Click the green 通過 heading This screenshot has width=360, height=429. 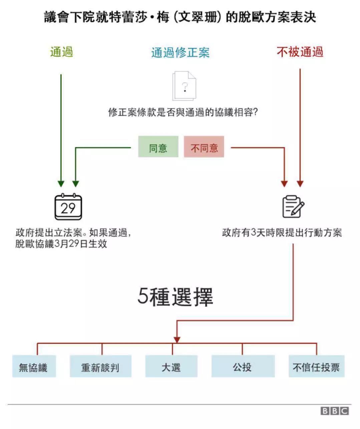click(x=61, y=52)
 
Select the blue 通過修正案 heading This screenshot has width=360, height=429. click(x=180, y=53)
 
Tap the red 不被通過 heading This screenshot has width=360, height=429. click(x=300, y=52)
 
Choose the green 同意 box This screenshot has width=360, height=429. click(x=158, y=147)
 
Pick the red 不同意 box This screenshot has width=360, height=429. click(x=204, y=147)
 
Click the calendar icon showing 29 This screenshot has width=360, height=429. click(x=68, y=207)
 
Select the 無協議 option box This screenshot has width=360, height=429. click(x=34, y=367)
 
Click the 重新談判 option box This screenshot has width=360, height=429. click(x=100, y=367)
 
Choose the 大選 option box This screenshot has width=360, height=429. click(x=171, y=367)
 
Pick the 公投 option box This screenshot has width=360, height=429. click(x=243, y=367)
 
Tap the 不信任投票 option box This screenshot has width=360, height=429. click(x=316, y=367)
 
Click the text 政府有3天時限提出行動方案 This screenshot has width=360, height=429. click(x=282, y=232)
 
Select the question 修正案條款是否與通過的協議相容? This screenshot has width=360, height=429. click(x=183, y=112)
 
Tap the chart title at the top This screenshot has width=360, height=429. click(x=180, y=17)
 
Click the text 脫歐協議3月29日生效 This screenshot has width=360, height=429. click(x=61, y=244)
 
